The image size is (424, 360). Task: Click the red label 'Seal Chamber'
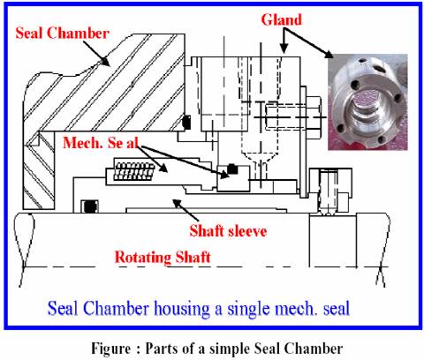tap(62, 33)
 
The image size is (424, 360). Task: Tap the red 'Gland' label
tap(282, 20)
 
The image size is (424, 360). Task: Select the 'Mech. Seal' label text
tap(101, 143)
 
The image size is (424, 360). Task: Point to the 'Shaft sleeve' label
tap(228, 231)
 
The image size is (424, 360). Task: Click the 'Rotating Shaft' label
tap(163, 257)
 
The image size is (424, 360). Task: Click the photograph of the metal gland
tap(367, 101)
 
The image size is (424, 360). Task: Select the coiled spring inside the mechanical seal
tap(134, 171)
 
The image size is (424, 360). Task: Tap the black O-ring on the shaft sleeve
tap(89, 206)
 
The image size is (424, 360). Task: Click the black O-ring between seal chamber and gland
tap(186, 123)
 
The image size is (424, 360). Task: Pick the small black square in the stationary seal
tap(232, 169)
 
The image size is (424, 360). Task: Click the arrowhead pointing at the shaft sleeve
tap(177, 203)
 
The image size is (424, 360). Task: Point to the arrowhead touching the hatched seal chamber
tap(104, 60)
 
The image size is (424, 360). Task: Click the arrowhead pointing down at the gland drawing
tap(284, 49)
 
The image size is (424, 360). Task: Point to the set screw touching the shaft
tap(327, 192)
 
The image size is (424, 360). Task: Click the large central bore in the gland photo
tap(366, 109)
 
